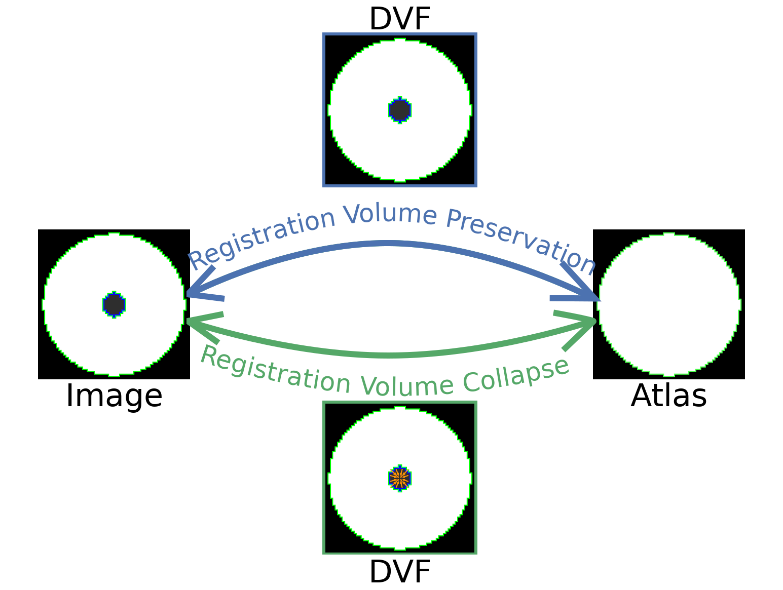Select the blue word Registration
(262, 237)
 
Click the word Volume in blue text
(390, 215)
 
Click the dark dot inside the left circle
(114, 304)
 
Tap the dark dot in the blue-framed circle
(400, 110)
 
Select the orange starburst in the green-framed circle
(400, 478)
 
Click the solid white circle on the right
(669, 304)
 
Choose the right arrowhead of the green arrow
(590, 322)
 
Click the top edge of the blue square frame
(400, 34)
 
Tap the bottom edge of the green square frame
(400, 553)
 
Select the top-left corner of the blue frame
(324, 34)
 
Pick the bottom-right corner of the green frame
(476, 553)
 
